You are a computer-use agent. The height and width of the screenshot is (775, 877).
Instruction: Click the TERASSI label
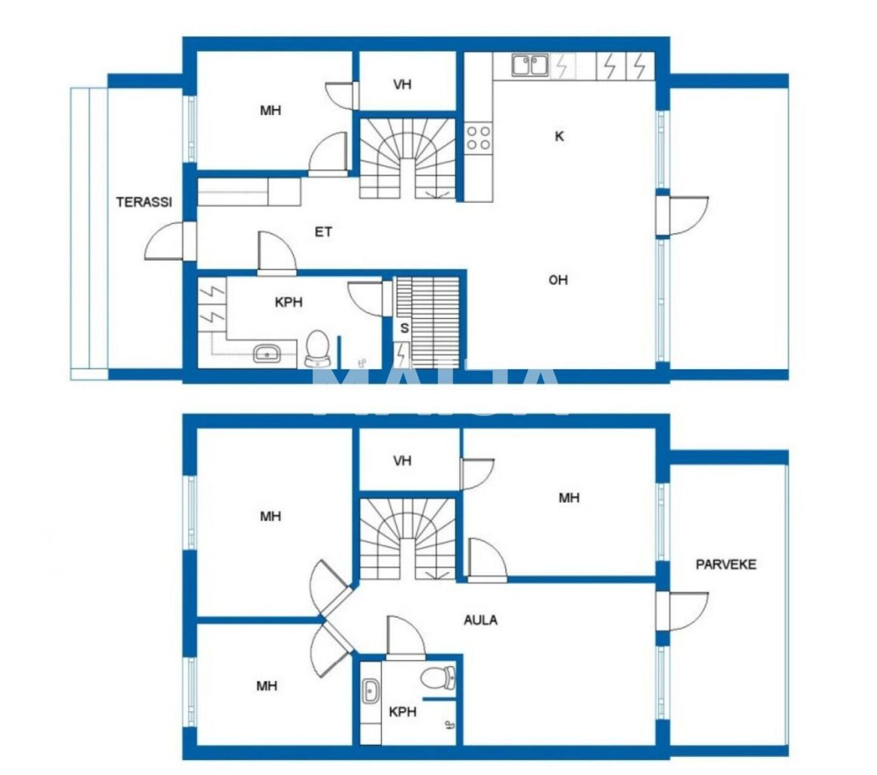pos(144,202)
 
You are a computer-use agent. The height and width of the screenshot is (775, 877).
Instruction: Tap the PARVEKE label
pos(726,565)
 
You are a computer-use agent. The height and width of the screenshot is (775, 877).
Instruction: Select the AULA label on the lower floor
pos(480,620)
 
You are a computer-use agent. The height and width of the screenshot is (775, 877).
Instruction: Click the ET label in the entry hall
pos(323,232)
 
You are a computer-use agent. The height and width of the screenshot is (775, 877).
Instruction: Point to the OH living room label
pos(558,280)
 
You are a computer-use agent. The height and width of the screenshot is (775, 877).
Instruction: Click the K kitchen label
pos(559,136)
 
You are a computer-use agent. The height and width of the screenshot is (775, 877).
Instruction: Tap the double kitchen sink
pos(530,66)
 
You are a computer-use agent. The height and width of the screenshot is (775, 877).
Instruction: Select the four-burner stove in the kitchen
pos(478,137)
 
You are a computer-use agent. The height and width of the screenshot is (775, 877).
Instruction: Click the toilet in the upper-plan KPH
pos(317,347)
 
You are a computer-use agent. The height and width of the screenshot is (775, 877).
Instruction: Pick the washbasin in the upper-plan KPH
pos(266,354)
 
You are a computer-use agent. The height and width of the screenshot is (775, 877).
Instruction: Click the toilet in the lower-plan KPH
pos(436,678)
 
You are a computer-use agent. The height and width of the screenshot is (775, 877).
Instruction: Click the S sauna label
pos(404,328)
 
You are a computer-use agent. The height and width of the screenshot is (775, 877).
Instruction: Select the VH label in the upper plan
pos(402,85)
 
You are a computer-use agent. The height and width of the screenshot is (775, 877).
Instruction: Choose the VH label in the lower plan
pos(402,460)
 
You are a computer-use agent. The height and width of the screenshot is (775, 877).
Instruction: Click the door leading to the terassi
pos(166,241)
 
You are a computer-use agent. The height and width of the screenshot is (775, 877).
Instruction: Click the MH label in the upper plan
pos(271,110)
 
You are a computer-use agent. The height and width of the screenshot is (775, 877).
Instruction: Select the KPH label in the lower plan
pos(402,712)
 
